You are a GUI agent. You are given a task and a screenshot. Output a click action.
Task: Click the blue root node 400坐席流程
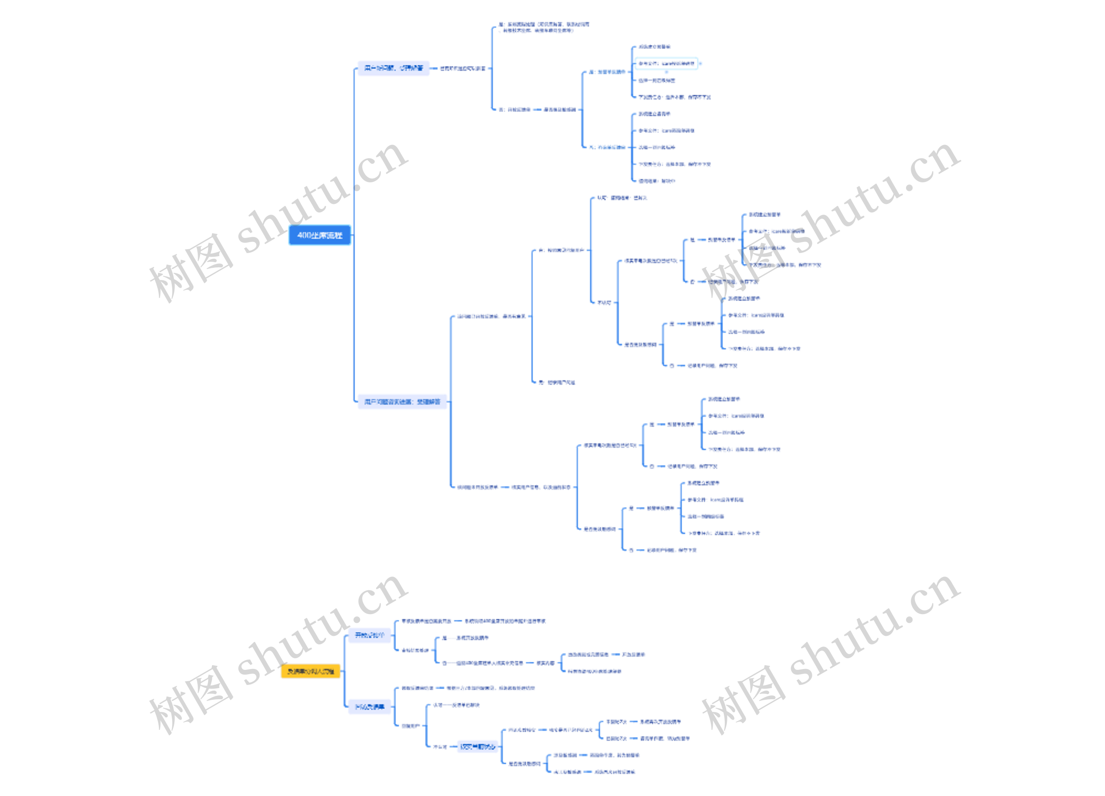(319, 235)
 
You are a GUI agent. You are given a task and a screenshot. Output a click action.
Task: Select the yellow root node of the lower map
(310, 671)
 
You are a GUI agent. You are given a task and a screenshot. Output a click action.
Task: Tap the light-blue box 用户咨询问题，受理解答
(393, 68)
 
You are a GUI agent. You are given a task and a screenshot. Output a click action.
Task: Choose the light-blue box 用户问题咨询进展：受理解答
(402, 402)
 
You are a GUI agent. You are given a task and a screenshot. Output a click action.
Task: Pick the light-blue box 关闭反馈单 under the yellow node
(369, 707)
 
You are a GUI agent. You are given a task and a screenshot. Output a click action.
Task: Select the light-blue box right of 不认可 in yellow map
(477, 746)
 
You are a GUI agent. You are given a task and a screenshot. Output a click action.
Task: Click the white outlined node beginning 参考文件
(666, 63)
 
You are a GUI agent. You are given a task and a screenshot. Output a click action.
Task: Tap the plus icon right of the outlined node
(700, 63)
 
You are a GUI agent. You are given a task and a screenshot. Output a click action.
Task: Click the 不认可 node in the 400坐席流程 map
(604, 303)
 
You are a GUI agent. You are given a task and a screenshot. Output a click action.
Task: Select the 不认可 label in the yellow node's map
(439, 746)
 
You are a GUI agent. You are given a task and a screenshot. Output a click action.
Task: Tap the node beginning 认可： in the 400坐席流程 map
(622, 198)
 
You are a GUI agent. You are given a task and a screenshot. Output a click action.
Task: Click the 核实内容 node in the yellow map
(545, 663)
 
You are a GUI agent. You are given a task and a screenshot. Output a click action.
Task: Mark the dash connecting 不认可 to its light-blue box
(453, 746)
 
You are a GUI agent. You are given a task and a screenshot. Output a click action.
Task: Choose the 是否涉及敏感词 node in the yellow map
(524, 763)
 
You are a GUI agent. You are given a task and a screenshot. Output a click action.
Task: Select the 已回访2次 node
(616, 739)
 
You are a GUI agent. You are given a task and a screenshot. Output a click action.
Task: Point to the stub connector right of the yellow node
(343, 671)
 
